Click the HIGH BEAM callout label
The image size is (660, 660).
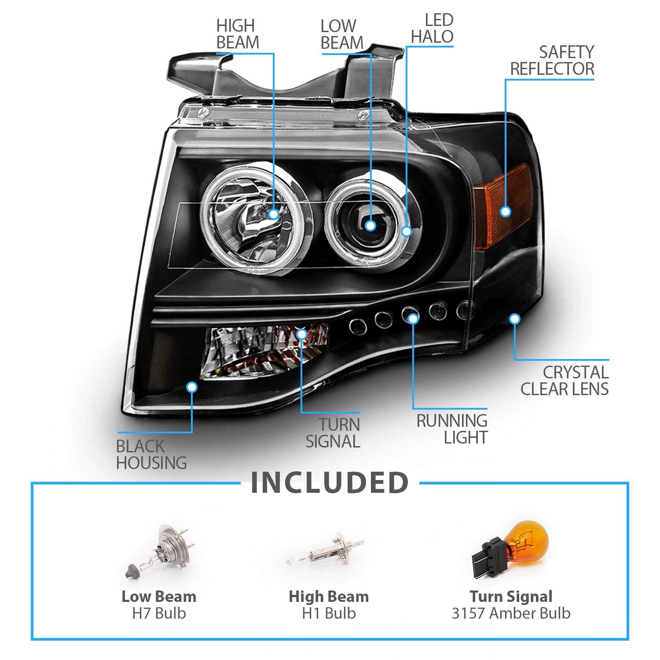[237, 34]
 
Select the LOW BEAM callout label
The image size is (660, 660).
[342, 34]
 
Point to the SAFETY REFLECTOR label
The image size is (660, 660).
[552, 60]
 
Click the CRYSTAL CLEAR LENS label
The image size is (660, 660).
[565, 381]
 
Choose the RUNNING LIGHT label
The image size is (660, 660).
[452, 429]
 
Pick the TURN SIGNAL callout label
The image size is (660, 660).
[333, 433]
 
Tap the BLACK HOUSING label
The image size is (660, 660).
[151, 455]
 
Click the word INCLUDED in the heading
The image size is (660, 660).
[330, 482]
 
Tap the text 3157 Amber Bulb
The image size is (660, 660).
[511, 613]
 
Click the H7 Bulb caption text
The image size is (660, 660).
[159, 613]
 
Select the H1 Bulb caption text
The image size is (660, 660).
[329, 613]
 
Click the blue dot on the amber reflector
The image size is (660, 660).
[506, 212]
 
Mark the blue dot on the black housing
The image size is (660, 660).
[191, 387]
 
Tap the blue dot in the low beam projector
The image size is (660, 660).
[370, 226]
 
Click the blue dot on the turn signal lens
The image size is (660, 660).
[301, 334]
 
